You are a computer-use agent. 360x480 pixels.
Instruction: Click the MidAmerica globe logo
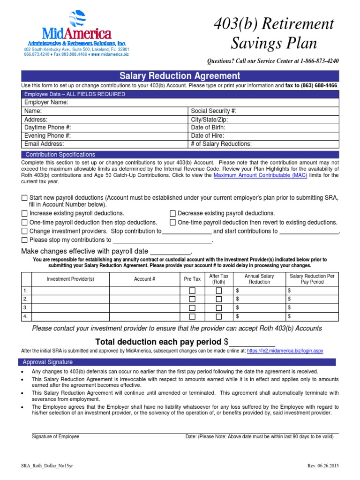pyautogui.click(x=77, y=19)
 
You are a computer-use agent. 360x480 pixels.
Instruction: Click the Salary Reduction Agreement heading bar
pyautogui.click(x=180, y=75)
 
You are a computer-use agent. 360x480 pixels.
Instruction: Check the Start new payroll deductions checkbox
pyautogui.click(x=25, y=198)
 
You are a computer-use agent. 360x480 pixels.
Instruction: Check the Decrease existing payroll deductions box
pyautogui.click(x=173, y=213)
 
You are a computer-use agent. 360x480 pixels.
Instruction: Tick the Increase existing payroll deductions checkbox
pyautogui.click(x=25, y=213)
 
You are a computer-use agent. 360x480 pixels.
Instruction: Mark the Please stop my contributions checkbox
pyautogui.click(x=25, y=240)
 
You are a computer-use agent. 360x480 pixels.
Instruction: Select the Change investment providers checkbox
pyautogui.click(x=25, y=231)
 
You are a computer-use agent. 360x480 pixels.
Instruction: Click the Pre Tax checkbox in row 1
pyautogui.click(x=192, y=291)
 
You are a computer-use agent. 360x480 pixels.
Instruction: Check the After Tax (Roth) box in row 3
pyautogui.click(x=218, y=307)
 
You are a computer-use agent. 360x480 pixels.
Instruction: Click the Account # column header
pyautogui.click(x=145, y=279)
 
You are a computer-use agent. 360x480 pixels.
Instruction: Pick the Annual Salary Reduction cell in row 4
pyautogui.click(x=259, y=316)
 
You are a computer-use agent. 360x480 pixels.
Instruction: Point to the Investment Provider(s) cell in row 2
pyautogui.click(x=70, y=299)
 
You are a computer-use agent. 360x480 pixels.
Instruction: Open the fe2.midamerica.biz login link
pyautogui.click(x=285, y=351)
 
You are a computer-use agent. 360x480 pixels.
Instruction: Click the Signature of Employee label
pyautogui.click(x=55, y=436)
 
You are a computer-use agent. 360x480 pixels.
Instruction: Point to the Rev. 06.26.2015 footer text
pyautogui.click(x=322, y=465)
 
